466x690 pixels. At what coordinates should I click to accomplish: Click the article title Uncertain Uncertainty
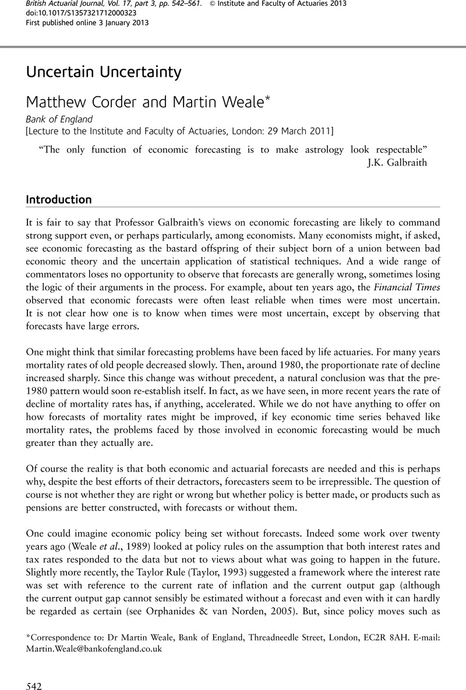(104, 72)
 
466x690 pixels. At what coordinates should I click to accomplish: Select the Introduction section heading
(59, 200)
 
